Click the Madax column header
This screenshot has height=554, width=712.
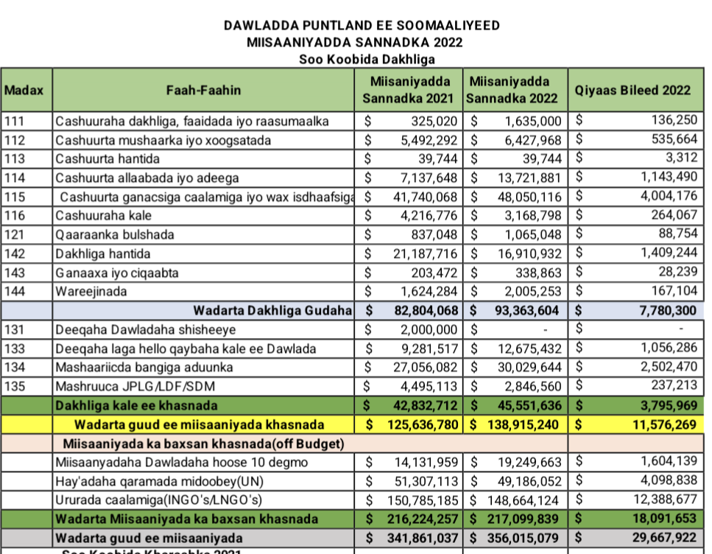pyautogui.click(x=24, y=91)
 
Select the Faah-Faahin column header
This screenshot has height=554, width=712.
pyautogui.click(x=203, y=91)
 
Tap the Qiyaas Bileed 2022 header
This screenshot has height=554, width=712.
pyautogui.click(x=633, y=91)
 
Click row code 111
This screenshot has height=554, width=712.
pyautogui.click(x=15, y=121)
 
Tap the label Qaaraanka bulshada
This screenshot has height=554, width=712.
pyautogui.click(x=115, y=235)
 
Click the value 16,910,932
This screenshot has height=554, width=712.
pyautogui.click(x=529, y=254)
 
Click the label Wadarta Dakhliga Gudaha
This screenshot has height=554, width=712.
pyautogui.click(x=272, y=311)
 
